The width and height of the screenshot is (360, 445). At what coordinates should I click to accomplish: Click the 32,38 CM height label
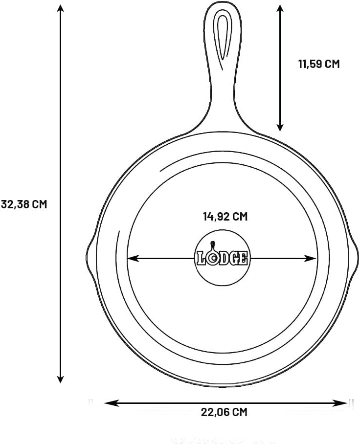[x=23, y=204]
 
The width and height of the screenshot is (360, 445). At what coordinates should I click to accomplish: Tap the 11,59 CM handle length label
[x=318, y=64]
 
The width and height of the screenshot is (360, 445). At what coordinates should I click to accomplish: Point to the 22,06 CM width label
[x=224, y=412]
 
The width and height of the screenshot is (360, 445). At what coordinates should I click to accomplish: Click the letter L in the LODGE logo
[x=201, y=258]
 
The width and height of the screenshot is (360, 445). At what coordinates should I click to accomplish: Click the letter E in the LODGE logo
[x=243, y=258]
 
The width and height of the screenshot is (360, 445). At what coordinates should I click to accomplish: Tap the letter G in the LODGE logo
[x=233, y=258]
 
